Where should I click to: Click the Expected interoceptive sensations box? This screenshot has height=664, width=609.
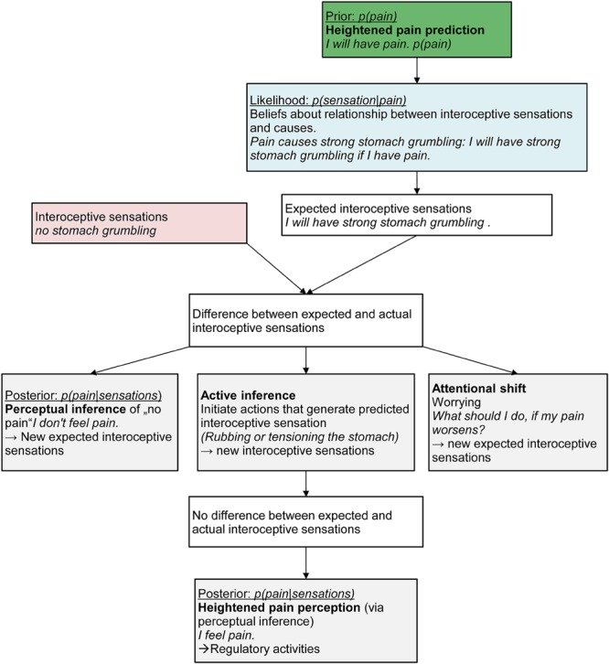[417, 215]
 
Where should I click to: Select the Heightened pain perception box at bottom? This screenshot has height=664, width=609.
[305, 619]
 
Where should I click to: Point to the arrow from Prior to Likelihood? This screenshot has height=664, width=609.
[417, 70]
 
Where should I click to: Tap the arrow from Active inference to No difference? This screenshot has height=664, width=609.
[305, 480]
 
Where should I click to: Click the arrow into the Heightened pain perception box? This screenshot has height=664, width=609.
[305, 562]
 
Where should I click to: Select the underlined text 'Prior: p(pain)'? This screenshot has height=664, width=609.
[364, 12]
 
